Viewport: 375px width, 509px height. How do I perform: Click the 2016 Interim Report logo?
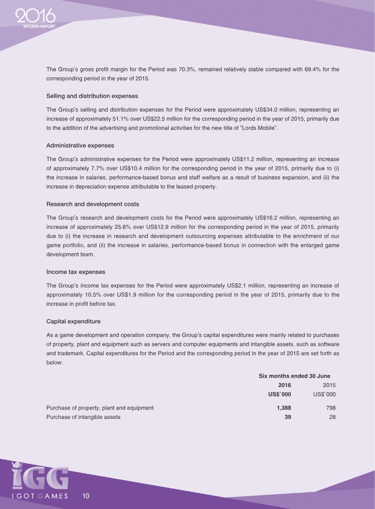(x=36, y=19)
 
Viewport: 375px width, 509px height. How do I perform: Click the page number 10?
(x=86, y=496)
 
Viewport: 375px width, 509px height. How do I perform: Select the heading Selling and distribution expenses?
(x=92, y=96)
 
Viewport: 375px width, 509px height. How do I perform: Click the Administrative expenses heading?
(x=80, y=145)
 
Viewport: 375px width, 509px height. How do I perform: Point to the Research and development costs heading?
(x=92, y=204)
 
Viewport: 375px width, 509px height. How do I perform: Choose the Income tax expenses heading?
(x=75, y=272)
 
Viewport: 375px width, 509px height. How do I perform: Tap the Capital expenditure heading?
(x=74, y=321)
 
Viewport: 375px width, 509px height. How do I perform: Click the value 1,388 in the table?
(x=284, y=408)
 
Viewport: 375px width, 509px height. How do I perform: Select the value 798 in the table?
(x=330, y=408)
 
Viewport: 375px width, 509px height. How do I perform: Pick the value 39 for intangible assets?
(x=288, y=417)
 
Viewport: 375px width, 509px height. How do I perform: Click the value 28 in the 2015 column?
(x=332, y=417)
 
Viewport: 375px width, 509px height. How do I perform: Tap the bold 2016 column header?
(x=285, y=385)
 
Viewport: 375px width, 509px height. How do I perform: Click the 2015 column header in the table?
(x=329, y=385)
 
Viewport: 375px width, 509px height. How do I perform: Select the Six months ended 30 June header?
(x=294, y=376)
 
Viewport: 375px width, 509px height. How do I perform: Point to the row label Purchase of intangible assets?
(x=83, y=417)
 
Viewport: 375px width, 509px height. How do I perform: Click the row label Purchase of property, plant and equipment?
(x=100, y=408)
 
